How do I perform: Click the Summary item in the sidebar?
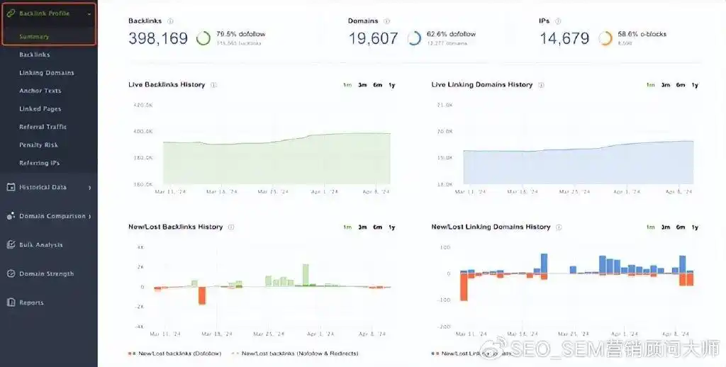(x=34, y=37)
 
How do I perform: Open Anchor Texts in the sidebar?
(x=40, y=91)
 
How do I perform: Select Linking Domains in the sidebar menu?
(x=47, y=73)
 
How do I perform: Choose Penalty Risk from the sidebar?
(x=40, y=145)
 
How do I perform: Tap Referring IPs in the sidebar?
(x=40, y=163)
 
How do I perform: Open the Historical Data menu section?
(x=43, y=188)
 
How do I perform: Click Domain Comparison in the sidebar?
(x=52, y=216)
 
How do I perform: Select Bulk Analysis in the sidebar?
(x=40, y=245)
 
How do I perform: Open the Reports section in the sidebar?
(x=31, y=303)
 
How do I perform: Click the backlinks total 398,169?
(x=158, y=38)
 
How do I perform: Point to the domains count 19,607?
(x=373, y=38)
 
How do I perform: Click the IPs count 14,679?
(x=564, y=38)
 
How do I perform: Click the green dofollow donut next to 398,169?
(x=203, y=38)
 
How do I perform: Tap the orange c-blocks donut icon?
(x=605, y=38)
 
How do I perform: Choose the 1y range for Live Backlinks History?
(x=392, y=85)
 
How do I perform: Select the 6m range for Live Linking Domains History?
(x=681, y=85)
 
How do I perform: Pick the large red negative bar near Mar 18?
(x=202, y=295)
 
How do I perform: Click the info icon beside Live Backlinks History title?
(x=214, y=85)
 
